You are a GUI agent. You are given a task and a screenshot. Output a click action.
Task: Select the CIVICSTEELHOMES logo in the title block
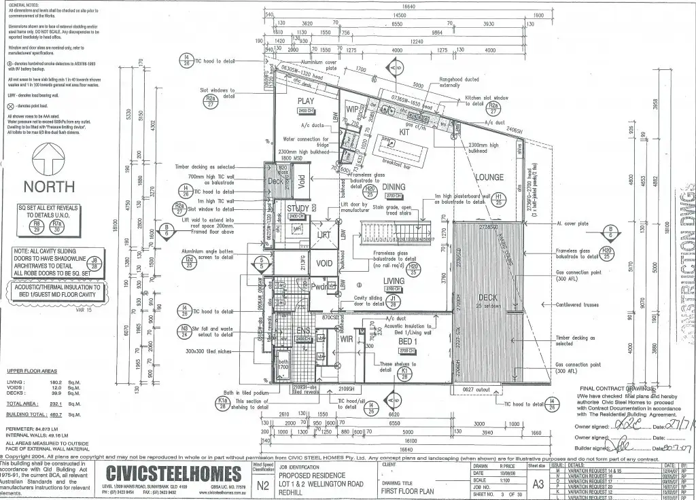(173, 474)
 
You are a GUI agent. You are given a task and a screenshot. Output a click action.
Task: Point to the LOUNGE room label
(489, 177)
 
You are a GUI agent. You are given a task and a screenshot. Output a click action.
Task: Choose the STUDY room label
(297, 209)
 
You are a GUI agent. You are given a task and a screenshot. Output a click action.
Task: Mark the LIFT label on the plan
(324, 234)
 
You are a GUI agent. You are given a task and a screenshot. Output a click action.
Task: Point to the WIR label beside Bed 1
(347, 338)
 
